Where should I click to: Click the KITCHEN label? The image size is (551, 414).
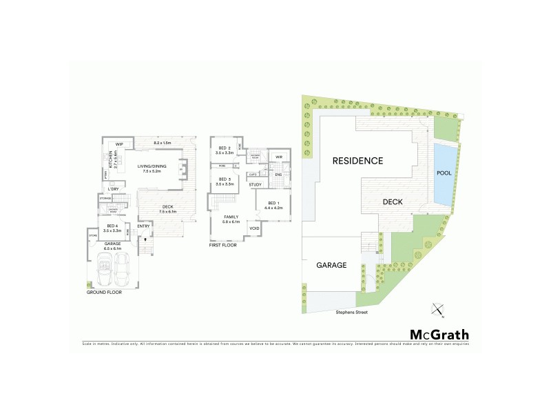[x=111, y=160]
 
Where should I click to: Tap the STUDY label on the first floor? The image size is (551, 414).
[x=255, y=184]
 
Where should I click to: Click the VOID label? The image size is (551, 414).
[x=254, y=228]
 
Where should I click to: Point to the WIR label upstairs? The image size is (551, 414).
[x=279, y=157]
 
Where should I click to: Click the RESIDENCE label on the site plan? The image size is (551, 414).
[x=357, y=161]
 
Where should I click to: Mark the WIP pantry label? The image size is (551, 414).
[x=119, y=144]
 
